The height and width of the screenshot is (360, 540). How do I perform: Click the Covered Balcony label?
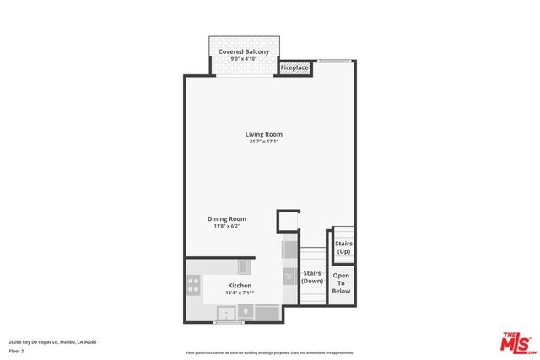coord(244,52)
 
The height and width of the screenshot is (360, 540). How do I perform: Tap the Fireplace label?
coord(294,67)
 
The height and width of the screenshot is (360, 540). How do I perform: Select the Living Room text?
coord(264,134)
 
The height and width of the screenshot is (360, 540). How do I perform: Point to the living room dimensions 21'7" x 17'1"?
coord(264,142)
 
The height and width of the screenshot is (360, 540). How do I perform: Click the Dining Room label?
coord(227,219)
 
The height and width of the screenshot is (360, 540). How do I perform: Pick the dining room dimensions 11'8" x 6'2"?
coord(227,227)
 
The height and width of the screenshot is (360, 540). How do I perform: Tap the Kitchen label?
coord(240,286)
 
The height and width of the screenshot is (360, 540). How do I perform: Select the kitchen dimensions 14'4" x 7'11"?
coord(240,293)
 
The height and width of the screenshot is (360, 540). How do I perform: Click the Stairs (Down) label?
coord(312,277)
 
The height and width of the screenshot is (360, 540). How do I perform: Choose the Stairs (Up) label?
coord(343,248)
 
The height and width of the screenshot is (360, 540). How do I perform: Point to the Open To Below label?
coord(341,283)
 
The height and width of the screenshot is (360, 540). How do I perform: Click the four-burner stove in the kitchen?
coord(193,288)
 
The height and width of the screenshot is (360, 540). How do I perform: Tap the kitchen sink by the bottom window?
coord(227,314)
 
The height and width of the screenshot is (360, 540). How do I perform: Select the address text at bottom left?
coord(52,341)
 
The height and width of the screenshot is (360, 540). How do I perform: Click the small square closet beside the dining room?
coord(289,221)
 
